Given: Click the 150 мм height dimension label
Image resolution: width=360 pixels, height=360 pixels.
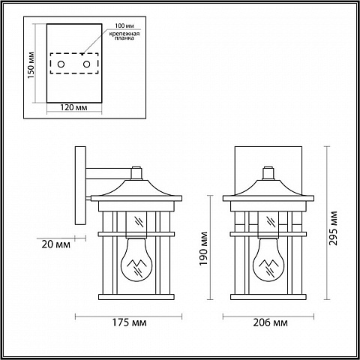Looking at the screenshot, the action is click(31, 65).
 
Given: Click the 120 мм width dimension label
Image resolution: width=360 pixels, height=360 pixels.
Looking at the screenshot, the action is click(73, 107).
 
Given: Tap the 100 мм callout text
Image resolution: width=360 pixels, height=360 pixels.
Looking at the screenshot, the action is click(124, 25).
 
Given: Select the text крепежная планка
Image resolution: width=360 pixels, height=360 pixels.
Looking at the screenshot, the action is click(124, 35).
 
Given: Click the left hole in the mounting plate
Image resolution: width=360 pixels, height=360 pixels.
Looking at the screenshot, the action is click(61, 64).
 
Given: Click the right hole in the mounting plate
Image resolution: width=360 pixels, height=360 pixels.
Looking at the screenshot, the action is click(86, 64).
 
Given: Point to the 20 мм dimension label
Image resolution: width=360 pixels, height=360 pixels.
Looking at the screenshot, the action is click(55, 244).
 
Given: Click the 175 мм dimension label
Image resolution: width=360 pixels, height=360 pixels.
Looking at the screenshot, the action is click(129, 322).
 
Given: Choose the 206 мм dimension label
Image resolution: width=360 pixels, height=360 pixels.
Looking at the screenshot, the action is click(270, 322).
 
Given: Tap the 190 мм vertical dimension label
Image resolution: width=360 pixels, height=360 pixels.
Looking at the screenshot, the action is click(204, 249).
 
